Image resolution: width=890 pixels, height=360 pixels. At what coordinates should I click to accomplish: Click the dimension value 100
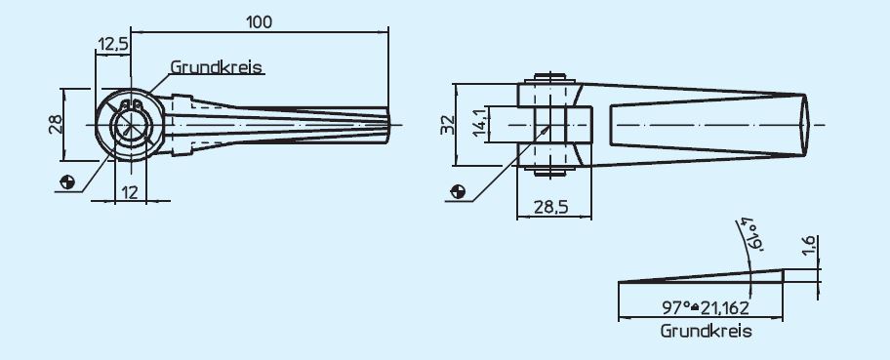(x=260, y=20)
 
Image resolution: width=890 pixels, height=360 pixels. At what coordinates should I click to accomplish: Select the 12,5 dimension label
(x=113, y=43)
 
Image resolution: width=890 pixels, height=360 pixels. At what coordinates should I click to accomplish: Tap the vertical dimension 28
(x=55, y=124)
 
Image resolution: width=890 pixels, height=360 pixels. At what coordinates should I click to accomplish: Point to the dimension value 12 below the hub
(x=128, y=192)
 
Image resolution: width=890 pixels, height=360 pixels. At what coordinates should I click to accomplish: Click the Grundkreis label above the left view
(x=217, y=68)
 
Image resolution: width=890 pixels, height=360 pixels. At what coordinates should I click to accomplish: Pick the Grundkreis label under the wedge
(x=706, y=332)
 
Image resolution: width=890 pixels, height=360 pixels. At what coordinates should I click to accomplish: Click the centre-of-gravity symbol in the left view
(x=67, y=181)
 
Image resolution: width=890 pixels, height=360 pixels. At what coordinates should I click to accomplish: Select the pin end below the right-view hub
(x=552, y=172)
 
